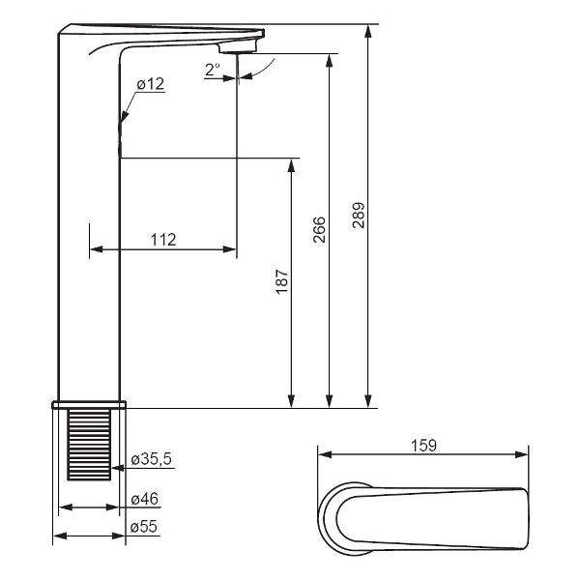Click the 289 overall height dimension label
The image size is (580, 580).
click(x=358, y=215)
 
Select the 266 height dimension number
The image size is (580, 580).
click(x=319, y=230)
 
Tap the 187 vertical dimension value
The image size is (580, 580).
click(x=282, y=282)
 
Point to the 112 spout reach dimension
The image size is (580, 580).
click(x=163, y=240)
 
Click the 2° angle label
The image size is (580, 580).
click(x=213, y=70)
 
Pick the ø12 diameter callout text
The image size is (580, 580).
click(x=150, y=84)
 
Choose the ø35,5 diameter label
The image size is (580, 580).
click(x=152, y=459)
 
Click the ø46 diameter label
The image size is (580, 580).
click(x=145, y=499)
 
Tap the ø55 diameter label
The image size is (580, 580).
click(x=143, y=527)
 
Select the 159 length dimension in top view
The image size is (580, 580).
click(x=423, y=446)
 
